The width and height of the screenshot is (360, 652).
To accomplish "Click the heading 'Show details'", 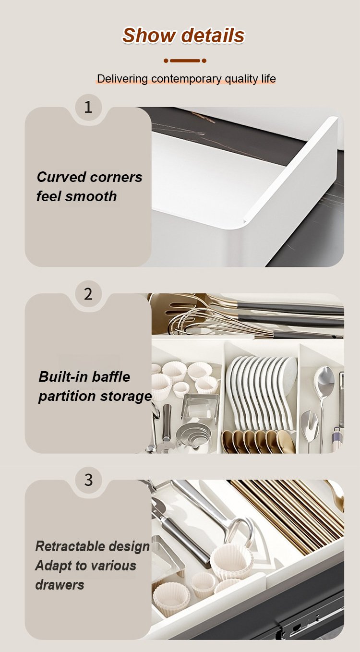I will [183, 36].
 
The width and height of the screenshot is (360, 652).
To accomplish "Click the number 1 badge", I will [88, 107].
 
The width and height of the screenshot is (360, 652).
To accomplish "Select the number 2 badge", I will [88, 293].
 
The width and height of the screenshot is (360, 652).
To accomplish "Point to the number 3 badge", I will [88, 480].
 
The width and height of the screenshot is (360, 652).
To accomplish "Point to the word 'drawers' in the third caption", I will [60, 585].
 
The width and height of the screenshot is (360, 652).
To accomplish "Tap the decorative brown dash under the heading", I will [185, 61].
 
